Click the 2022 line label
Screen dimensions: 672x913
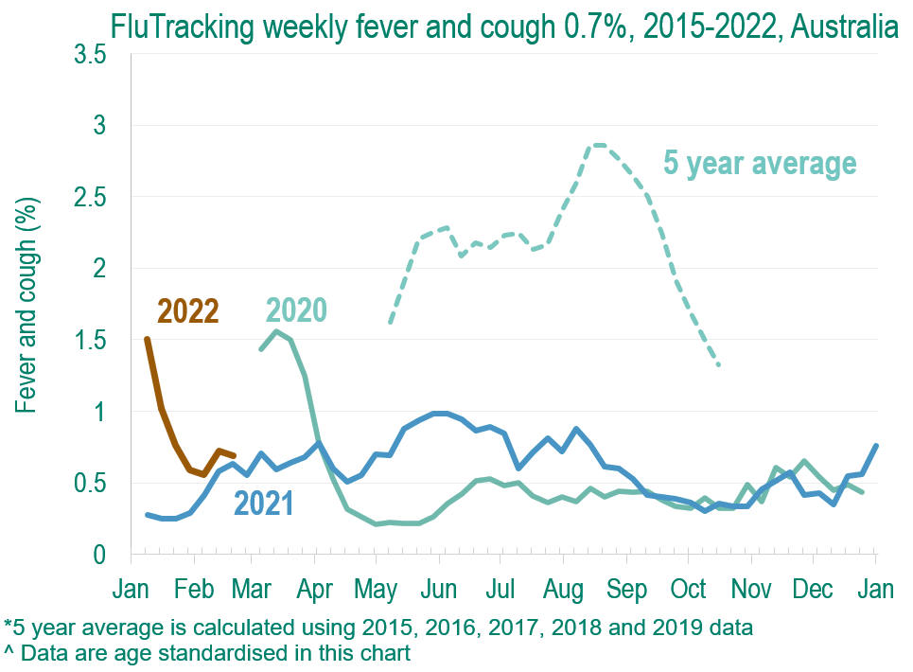point(188,310)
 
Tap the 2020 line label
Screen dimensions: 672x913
point(296,310)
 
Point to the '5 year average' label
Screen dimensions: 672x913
point(760,163)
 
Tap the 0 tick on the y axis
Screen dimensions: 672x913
point(98,555)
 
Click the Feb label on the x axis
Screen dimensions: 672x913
point(195,588)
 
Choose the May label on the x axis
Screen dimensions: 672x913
point(376,588)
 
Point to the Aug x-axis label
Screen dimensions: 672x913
point(564,588)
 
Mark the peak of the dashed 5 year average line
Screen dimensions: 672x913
point(597,145)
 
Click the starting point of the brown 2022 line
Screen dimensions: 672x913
point(147,339)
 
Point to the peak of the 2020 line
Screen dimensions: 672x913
point(275,330)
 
